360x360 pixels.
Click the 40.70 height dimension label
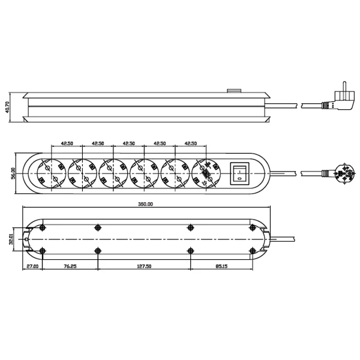7,107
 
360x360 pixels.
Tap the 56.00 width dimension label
13,173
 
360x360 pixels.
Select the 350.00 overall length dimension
145,204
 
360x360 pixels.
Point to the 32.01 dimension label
11,239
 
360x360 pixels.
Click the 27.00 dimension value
32,266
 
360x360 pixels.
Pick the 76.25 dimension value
70,266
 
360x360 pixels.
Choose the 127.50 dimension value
144,266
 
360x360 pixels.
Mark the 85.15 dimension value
221,266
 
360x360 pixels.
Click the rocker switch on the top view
239,173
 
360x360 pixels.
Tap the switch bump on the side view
234,91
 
